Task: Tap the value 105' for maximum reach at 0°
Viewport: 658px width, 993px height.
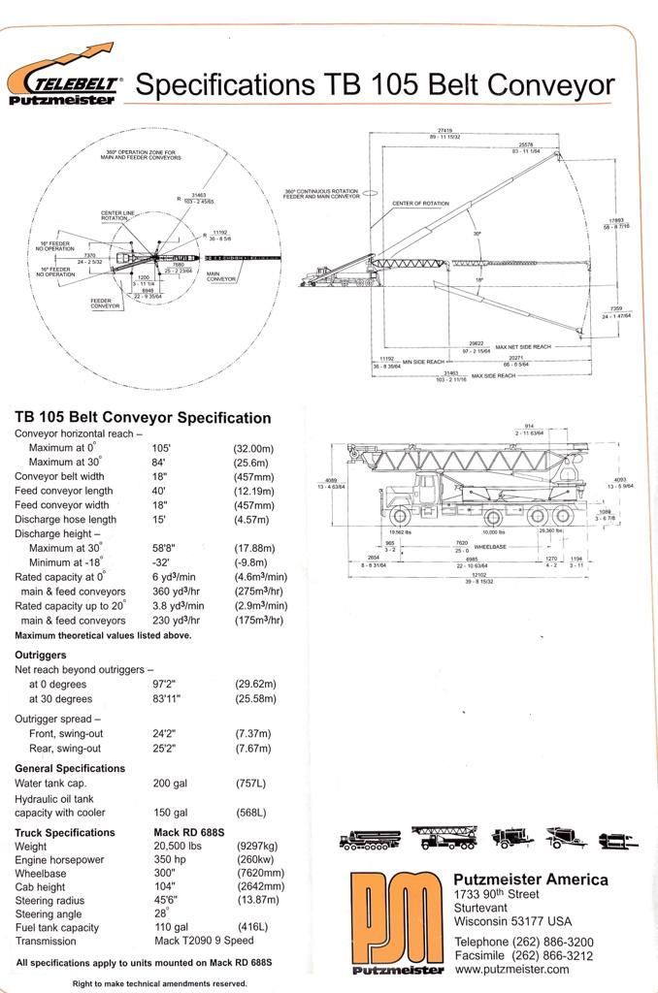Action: click(x=161, y=449)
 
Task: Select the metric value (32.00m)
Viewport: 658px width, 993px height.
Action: click(x=253, y=449)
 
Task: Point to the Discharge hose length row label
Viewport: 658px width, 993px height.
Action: click(x=65, y=520)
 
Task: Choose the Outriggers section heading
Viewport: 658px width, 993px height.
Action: click(x=40, y=655)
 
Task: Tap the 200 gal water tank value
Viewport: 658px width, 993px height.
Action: click(x=170, y=783)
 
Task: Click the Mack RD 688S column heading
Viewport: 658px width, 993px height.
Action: click(x=189, y=833)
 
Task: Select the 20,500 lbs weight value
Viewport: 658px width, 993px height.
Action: click(x=177, y=847)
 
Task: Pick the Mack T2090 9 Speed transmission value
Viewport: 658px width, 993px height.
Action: click(x=202, y=941)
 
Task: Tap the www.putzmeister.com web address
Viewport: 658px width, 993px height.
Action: click(x=511, y=969)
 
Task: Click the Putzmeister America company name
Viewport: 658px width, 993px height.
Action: click(x=531, y=880)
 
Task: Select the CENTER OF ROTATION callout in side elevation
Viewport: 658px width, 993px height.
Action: click(x=420, y=204)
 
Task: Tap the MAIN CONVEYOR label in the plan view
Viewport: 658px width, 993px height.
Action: click(x=221, y=278)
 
